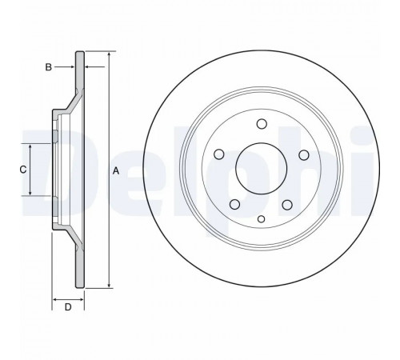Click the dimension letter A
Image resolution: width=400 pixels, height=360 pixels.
(x=116, y=170)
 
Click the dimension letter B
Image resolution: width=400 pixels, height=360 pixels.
(x=48, y=67)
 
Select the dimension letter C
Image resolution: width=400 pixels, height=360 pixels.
(x=23, y=170)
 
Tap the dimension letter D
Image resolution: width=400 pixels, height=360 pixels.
(x=68, y=307)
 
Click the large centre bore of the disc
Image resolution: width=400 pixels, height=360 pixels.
(x=262, y=168)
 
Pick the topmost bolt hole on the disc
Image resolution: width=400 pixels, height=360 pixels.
(x=262, y=124)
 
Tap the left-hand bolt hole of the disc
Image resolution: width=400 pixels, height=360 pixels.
(x=219, y=154)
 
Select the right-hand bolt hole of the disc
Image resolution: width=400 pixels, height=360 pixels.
(x=304, y=155)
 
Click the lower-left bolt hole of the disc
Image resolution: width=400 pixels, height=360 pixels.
(x=234, y=205)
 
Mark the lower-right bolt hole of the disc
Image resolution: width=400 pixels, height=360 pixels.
(x=287, y=205)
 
